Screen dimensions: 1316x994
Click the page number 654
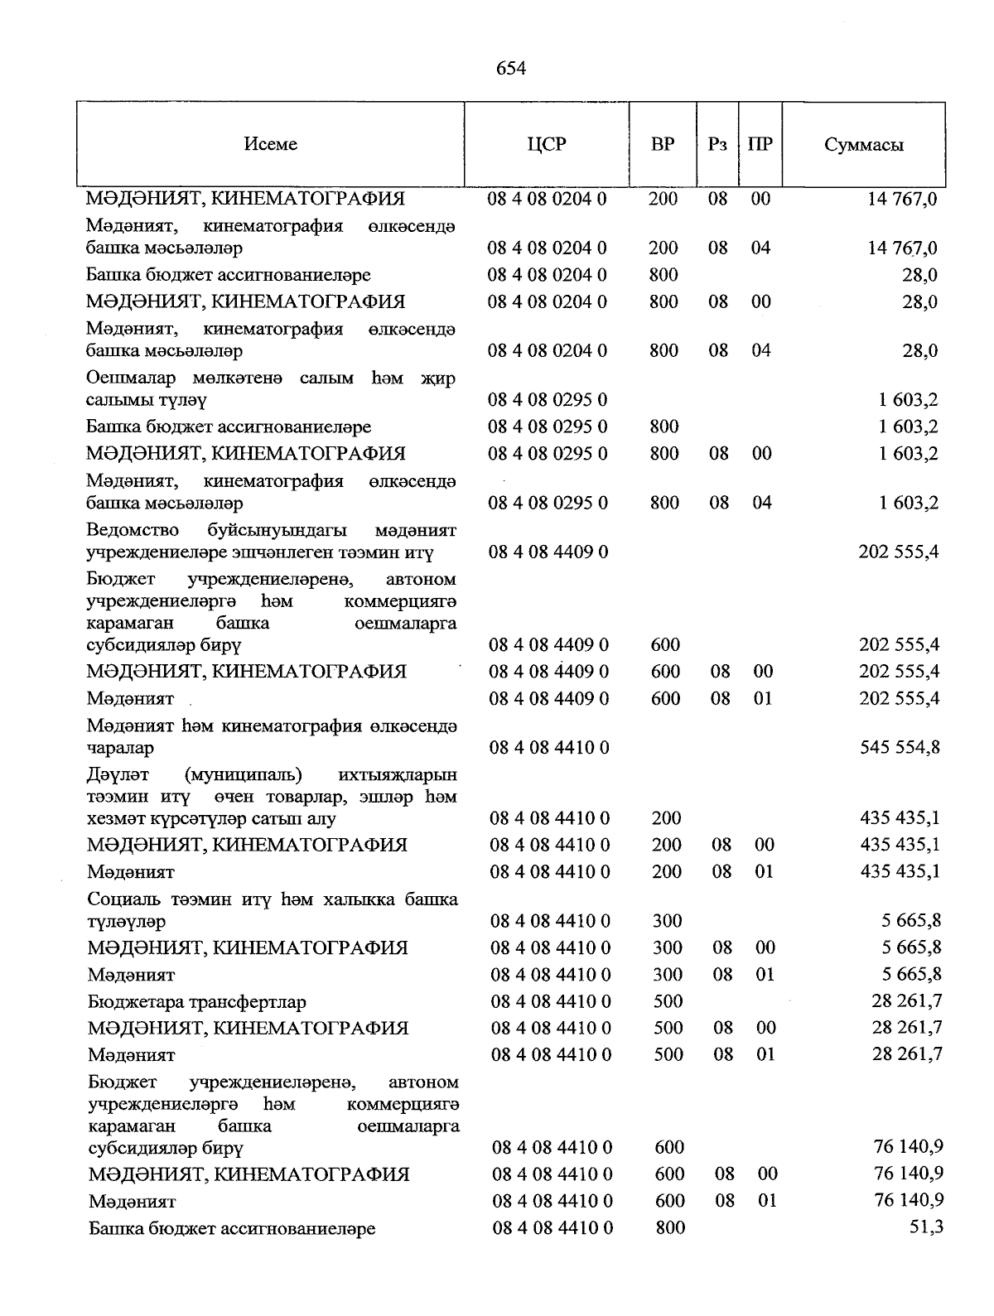pos(511,69)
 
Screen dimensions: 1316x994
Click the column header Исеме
pos(270,144)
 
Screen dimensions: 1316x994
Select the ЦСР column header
pos(547,144)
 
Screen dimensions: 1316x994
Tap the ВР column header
pos(663,144)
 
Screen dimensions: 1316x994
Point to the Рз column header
pos(718,144)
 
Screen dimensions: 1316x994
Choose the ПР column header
pos(760,144)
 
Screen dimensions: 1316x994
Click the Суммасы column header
pos(864,145)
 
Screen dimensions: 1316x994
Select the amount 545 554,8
pos(900,747)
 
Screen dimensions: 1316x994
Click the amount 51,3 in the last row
pos(926,1227)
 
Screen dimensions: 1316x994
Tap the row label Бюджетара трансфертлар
pos(197,1001)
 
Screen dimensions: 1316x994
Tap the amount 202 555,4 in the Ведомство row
pos(899,552)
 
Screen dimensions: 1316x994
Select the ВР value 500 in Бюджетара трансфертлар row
pos(668,1001)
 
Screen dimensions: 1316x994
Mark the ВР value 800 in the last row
pos(670,1228)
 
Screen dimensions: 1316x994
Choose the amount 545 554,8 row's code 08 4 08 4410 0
pos(550,747)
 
